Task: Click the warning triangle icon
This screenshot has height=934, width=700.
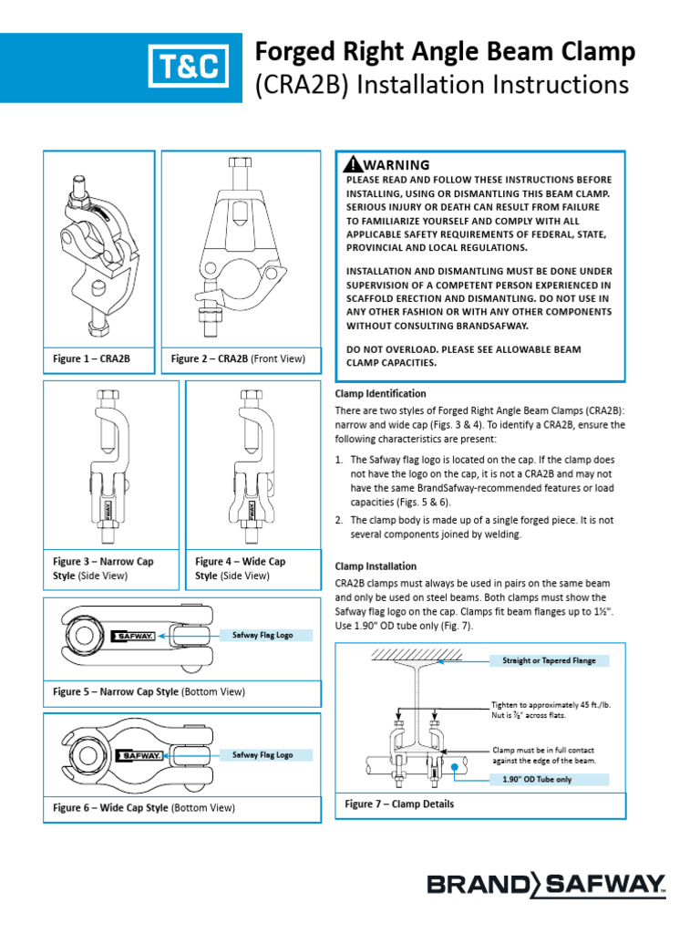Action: pyautogui.click(x=352, y=165)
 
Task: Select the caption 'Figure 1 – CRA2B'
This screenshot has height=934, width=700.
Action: pyautogui.click(x=92, y=359)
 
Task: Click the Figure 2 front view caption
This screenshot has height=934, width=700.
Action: pyautogui.click(x=238, y=359)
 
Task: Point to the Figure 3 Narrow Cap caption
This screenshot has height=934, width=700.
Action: pyautogui.click(x=103, y=568)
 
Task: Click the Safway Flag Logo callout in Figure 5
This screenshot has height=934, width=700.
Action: pyautogui.click(x=263, y=635)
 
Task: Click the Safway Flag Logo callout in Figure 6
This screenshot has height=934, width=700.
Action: pyautogui.click(x=263, y=755)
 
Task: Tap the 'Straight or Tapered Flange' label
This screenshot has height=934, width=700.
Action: pyautogui.click(x=550, y=659)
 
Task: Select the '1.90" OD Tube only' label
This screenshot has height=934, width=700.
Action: pyautogui.click(x=537, y=779)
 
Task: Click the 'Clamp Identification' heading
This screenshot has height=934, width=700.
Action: pyautogui.click(x=380, y=393)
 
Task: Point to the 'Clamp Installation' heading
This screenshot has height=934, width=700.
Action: pyautogui.click(x=376, y=566)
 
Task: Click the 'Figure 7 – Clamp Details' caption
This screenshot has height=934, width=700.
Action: pyautogui.click(x=399, y=804)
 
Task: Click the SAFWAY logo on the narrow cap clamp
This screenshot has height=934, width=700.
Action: pyautogui.click(x=133, y=636)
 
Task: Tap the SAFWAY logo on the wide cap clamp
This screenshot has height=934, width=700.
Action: pyautogui.click(x=138, y=756)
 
